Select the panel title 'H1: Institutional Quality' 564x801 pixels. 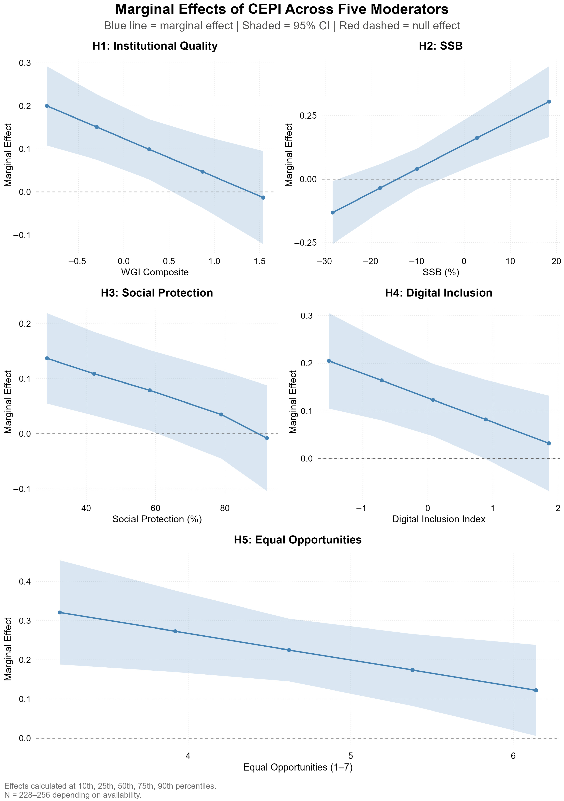[155, 46]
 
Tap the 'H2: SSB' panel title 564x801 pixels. [441, 46]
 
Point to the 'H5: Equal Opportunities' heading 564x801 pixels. [298, 540]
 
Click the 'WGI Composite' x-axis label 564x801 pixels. [155, 272]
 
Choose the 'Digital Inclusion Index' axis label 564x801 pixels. [439, 519]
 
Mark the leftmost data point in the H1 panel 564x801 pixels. [47, 106]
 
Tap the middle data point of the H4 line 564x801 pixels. [433, 400]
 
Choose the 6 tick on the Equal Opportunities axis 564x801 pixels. [513, 756]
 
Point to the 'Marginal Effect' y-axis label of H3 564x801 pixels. [8, 402]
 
